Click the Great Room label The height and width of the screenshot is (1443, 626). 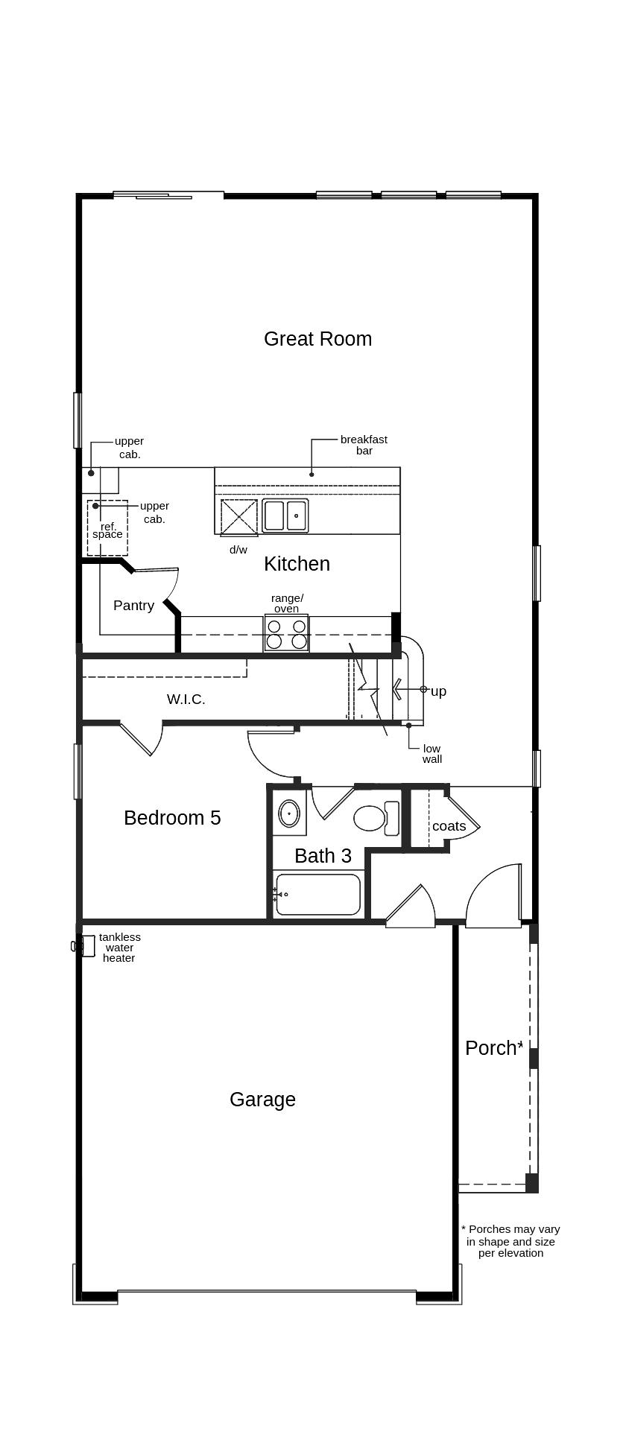[x=317, y=339]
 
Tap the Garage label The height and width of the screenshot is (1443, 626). [x=262, y=1100]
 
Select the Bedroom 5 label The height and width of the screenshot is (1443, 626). [x=172, y=818]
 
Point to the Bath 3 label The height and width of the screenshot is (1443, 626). [x=323, y=856]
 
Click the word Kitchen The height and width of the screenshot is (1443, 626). [x=297, y=564]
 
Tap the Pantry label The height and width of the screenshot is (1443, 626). [x=133, y=606]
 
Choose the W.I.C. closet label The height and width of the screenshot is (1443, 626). [x=186, y=700]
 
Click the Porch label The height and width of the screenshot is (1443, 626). [x=491, y=1048]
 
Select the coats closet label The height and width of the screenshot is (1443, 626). [x=449, y=826]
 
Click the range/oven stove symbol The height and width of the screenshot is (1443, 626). [x=286, y=633]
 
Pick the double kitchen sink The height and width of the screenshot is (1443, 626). [x=285, y=516]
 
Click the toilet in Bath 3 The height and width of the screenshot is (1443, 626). [x=376, y=818]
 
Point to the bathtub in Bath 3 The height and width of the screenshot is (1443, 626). [x=318, y=894]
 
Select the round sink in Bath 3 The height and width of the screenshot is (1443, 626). [x=289, y=814]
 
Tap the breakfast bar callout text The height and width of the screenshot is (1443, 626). [x=364, y=445]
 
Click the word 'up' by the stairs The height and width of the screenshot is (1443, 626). [x=438, y=691]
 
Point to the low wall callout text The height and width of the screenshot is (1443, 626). [x=431, y=754]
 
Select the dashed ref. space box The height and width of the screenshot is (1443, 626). [x=107, y=528]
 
